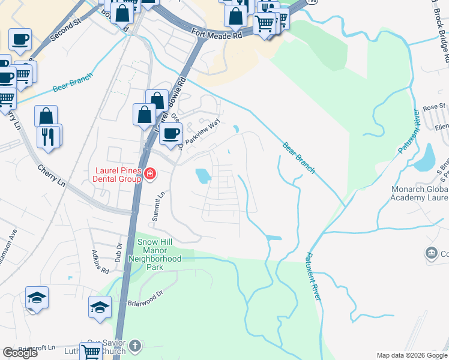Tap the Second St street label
[65, 28]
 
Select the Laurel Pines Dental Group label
[116, 175]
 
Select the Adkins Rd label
[100, 262]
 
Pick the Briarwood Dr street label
[145, 298]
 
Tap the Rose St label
[430, 107]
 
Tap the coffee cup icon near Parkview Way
[171, 133]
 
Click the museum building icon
[431, 253]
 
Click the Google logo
[20, 353]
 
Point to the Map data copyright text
[411, 355]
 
